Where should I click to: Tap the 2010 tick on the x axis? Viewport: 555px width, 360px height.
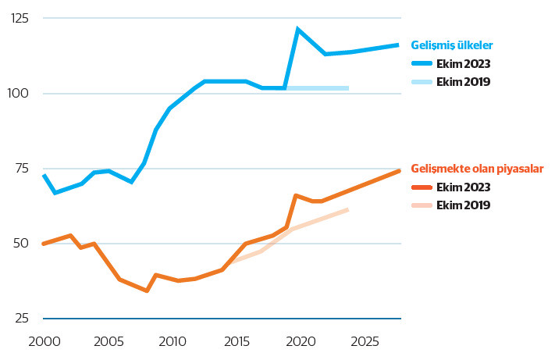point(172,341)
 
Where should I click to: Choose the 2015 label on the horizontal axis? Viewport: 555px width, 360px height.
point(236,341)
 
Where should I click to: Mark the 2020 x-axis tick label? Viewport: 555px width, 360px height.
point(300,341)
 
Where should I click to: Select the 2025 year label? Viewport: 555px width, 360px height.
point(364,341)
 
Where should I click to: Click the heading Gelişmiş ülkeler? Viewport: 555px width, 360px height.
point(451,46)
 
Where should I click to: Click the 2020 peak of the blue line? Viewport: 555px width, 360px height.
point(297,30)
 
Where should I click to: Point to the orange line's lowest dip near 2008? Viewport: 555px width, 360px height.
point(147,290)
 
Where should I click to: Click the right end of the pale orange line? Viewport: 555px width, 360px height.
point(347,209)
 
